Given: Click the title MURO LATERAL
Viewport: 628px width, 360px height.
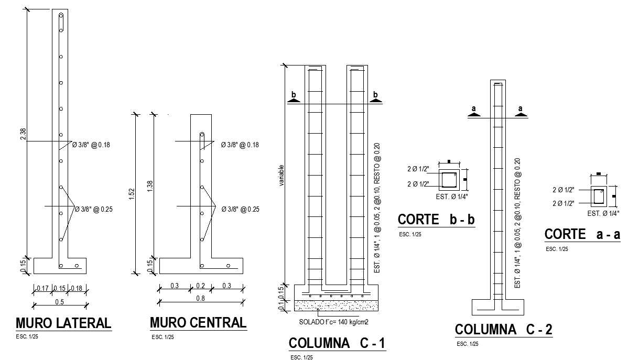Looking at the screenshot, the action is [63, 323].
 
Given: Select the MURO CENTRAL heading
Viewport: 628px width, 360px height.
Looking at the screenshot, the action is [198, 323].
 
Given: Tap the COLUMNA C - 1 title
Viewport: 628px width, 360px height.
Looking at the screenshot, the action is [337, 343].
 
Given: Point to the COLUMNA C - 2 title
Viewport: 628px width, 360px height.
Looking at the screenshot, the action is [503, 330].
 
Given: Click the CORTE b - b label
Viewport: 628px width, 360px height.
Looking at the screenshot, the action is [436, 220].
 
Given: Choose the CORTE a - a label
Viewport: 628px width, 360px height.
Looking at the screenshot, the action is [582, 234].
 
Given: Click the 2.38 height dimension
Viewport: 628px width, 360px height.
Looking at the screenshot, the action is [23, 134].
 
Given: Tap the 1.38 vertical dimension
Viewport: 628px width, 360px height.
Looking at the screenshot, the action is [150, 186].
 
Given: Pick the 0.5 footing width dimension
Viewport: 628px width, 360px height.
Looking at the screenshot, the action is [59, 302].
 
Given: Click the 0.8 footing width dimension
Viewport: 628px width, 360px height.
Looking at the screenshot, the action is [200, 298].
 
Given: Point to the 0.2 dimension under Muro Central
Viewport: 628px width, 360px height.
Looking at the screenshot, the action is [200, 286].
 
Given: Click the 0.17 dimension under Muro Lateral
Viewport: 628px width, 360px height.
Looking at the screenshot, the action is [42, 288].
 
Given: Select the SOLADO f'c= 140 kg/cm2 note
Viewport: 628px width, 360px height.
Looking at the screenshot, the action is [333, 322].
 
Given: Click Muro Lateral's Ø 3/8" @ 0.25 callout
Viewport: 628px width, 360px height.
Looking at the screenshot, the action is [94, 209].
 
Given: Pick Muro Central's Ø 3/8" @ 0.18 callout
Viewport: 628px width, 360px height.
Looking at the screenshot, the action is [240, 145].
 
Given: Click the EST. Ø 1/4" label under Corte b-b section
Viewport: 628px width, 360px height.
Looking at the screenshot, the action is [452, 197].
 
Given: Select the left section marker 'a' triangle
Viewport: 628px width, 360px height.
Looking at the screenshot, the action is [474, 115].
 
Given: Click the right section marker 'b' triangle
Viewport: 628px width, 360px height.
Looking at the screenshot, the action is [375, 101].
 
